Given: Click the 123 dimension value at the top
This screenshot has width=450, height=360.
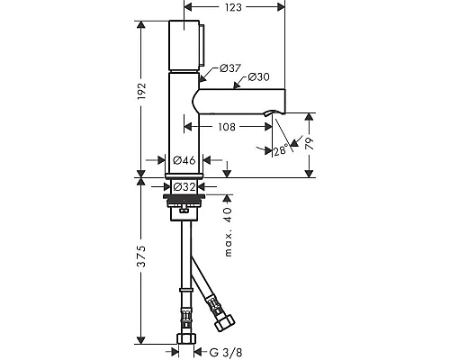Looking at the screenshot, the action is [233, 7].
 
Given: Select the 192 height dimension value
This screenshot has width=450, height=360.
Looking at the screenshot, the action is [141, 92].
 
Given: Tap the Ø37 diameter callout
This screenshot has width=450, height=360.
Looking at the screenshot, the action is [230, 68].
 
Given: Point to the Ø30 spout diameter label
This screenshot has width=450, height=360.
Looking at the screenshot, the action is [259, 77].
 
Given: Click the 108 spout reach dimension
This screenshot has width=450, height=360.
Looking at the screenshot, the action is [227, 127].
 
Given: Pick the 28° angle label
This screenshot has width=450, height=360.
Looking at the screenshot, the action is [281, 150].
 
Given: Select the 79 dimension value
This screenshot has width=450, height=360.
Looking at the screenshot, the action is [309, 144].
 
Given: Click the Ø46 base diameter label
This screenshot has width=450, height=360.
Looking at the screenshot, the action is [184, 160].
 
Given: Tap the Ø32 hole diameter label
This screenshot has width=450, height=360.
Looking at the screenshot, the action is [184, 187].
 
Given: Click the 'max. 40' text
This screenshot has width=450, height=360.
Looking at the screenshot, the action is [229, 231].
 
